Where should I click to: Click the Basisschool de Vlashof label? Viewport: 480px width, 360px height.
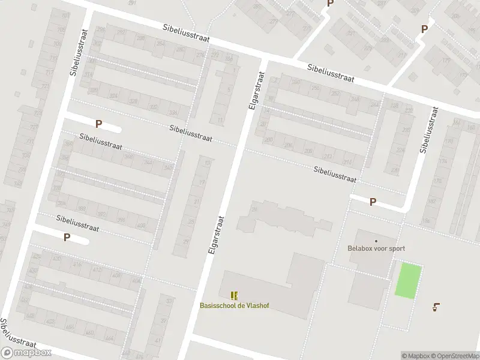(235, 305)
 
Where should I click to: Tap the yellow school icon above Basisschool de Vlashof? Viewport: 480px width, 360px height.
(234, 295)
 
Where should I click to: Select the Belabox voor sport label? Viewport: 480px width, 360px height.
(376, 248)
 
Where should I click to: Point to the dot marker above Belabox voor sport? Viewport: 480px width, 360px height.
(376, 241)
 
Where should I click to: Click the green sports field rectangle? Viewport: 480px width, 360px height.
(408, 280)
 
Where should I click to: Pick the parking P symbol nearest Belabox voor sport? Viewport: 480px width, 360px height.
(373, 202)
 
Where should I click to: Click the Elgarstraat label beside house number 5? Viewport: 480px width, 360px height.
(255, 91)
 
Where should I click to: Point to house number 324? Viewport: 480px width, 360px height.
(113, 95)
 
